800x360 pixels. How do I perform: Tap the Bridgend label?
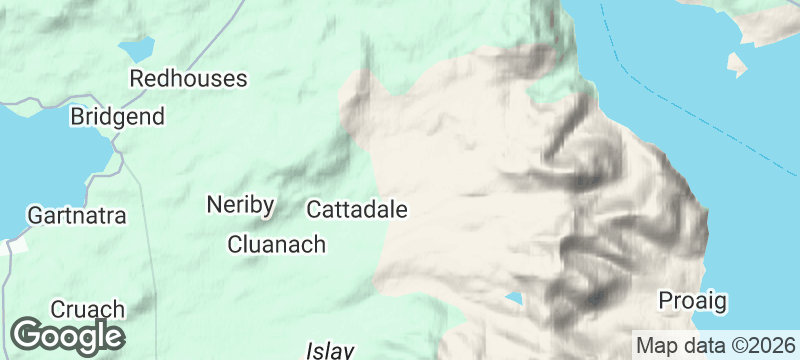[x=117, y=117]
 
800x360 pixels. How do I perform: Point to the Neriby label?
[x=240, y=205]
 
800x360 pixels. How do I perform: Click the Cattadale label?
[x=357, y=210]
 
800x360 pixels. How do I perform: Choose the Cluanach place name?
[x=276, y=244]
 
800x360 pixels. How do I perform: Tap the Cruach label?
[x=88, y=309]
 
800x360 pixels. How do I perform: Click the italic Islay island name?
[x=331, y=351]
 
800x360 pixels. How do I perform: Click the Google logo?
[x=68, y=335]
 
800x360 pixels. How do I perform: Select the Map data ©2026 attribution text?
[x=716, y=346]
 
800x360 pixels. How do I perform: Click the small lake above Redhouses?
[x=137, y=47]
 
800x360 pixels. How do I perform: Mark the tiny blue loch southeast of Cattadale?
[x=513, y=299]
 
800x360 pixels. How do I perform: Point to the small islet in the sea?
[x=737, y=66]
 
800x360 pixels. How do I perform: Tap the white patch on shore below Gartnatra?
[x=16, y=245]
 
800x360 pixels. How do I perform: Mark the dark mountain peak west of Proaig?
[x=597, y=297]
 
